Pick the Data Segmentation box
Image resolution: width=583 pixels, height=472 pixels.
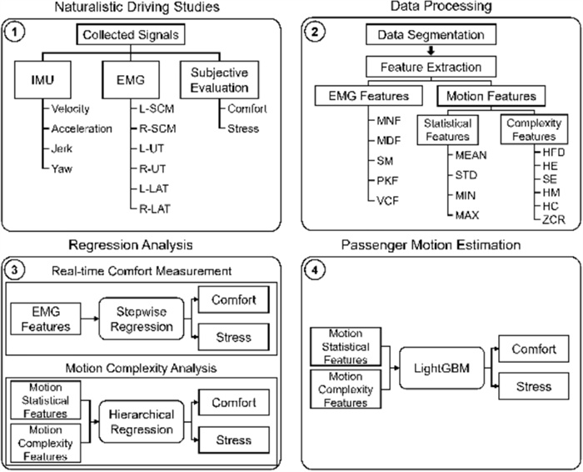(x=431, y=37)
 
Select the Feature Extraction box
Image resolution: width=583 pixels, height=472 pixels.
(x=431, y=65)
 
